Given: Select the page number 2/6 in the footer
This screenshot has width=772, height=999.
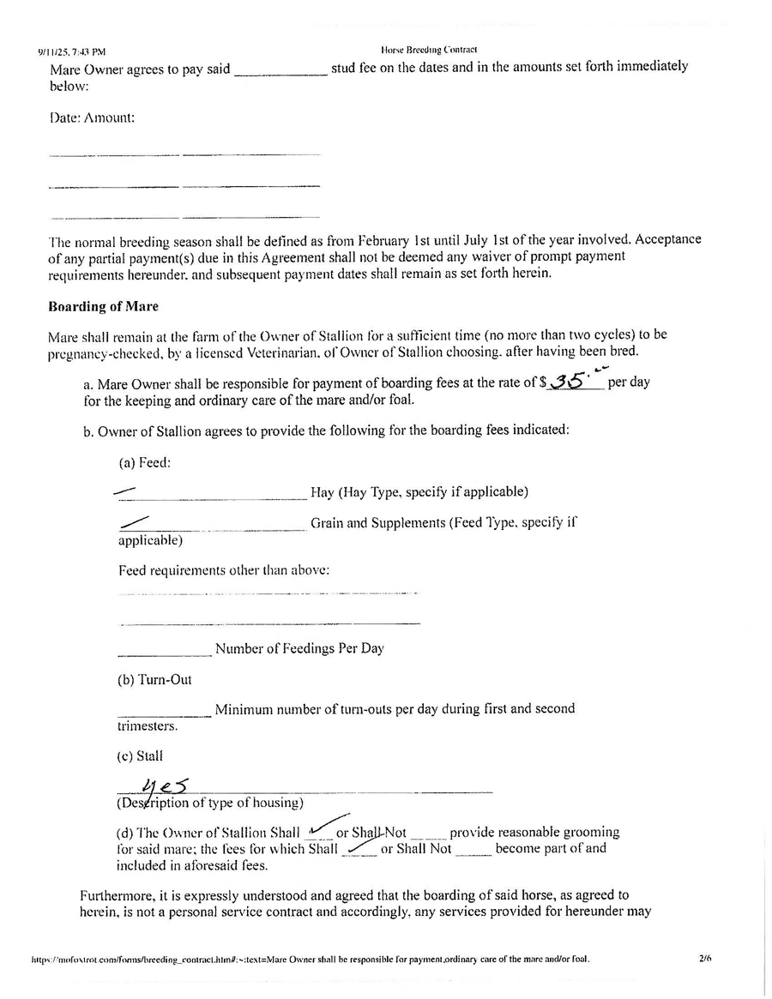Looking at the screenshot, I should [x=706, y=959].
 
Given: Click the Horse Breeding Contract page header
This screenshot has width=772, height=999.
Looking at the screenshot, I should [x=428, y=50].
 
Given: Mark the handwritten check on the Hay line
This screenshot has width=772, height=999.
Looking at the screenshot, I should [x=125, y=491].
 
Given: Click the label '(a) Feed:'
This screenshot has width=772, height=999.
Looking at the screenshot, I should [x=144, y=462].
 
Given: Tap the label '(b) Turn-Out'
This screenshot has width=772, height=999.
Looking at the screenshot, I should [x=154, y=679].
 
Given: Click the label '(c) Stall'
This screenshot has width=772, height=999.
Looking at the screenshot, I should [x=140, y=756].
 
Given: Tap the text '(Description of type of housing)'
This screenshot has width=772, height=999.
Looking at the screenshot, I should [x=210, y=803].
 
